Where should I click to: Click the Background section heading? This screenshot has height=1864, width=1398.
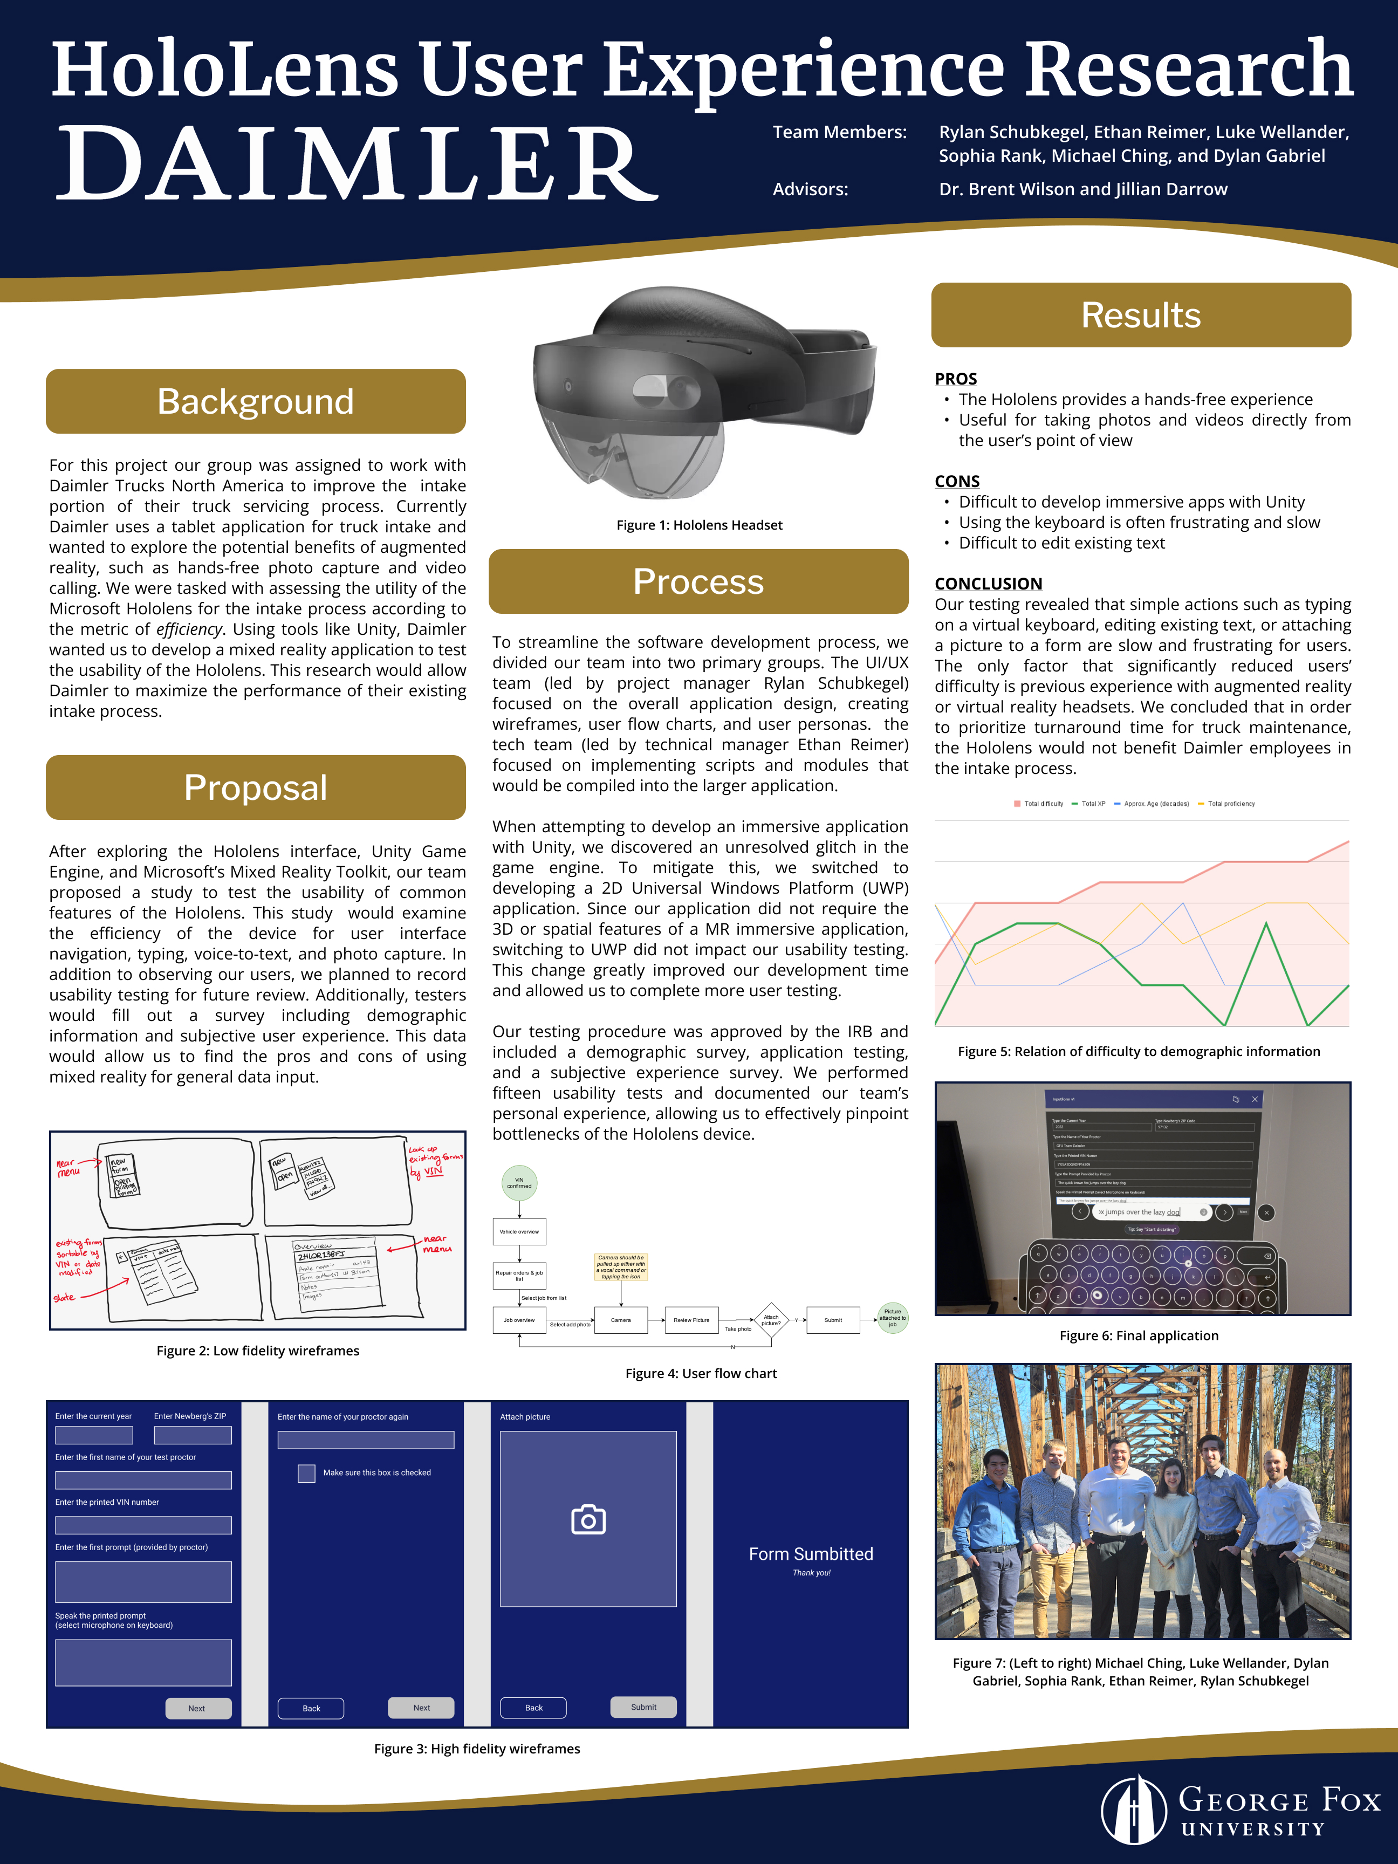tap(255, 401)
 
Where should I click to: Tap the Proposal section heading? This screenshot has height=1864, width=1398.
tap(255, 787)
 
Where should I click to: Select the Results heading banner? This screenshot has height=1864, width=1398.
tap(1140, 315)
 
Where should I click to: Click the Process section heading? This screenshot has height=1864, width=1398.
tap(698, 581)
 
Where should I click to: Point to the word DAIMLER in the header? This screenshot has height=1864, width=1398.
tap(357, 165)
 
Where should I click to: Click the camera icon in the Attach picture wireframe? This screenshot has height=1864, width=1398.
tap(588, 1519)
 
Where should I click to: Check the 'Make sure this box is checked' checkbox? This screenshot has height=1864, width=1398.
tap(307, 1473)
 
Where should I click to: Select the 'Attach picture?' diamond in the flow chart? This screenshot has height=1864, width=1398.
tap(771, 1320)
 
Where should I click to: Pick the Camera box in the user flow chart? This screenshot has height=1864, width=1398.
tap(621, 1320)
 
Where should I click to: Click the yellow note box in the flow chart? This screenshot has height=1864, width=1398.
tap(621, 1266)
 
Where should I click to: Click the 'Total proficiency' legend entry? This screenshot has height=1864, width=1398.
tap(1230, 804)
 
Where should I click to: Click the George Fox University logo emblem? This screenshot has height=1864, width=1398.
tap(1133, 1810)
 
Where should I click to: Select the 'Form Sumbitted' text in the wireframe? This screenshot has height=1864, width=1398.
tap(811, 1554)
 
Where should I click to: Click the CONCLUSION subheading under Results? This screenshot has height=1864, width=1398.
tap(988, 583)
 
